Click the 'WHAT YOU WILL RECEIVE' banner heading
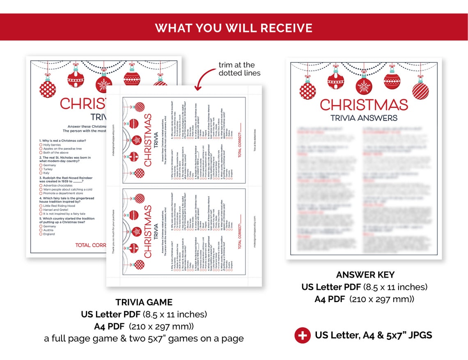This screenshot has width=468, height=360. tap(234, 28)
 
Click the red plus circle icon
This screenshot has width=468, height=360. tap(303, 335)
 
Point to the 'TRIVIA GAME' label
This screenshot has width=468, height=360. tap(144, 303)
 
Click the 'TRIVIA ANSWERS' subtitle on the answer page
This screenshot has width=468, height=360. tap(364, 118)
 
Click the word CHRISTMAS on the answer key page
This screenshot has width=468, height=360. tap(364, 105)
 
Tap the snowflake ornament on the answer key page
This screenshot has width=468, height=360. tap(364, 86)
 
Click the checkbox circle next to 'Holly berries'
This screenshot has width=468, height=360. tap(41, 145)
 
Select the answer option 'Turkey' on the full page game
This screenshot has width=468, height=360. tap(48, 169)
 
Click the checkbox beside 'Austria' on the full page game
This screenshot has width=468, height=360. tap(41, 230)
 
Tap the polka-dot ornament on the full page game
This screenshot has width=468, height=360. tap(48, 89)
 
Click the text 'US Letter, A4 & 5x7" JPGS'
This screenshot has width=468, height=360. tap(373, 335)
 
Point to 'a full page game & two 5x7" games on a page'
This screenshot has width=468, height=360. tap(144, 339)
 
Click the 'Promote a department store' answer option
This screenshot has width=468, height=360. tap(63, 193)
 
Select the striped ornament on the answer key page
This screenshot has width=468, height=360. tap(420, 90)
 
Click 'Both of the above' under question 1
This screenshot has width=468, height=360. tap(57, 153)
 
